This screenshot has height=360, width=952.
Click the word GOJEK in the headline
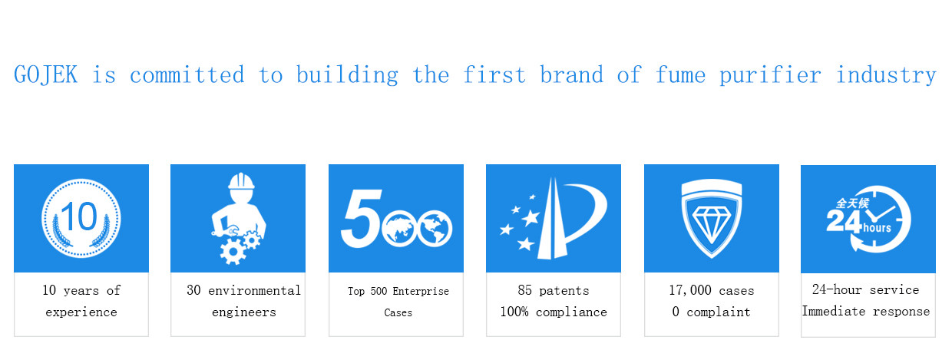[46, 74]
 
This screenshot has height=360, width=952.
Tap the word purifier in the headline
[770, 76]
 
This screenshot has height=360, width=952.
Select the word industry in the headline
[886, 76]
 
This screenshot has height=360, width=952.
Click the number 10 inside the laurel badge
[80, 216]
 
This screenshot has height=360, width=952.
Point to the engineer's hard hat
[241, 181]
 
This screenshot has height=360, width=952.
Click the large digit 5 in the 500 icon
[362, 219]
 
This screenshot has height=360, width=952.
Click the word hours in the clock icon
[878, 228]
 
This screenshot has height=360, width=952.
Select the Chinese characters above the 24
[852, 203]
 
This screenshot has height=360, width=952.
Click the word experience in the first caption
[81, 312]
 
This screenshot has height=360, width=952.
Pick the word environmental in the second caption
[254, 291]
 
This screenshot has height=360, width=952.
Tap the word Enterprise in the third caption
[421, 291]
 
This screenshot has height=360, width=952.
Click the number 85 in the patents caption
[525, 290]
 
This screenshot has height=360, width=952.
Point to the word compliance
[571, 312]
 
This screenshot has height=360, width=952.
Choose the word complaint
[719, 312]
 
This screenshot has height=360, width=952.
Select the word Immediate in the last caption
[834, 311]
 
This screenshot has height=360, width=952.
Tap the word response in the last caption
[901, 312]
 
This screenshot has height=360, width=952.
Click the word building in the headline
[347, 76]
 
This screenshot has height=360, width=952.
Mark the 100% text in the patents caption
[514, 312]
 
